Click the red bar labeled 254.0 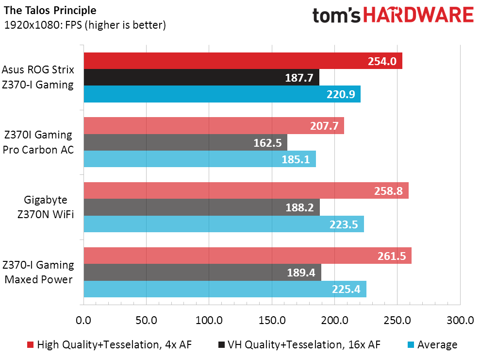(243, 61)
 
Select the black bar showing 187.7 (201, 77)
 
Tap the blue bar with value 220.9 (222, 94)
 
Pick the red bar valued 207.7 (214, 126)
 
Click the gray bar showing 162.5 (185, 142)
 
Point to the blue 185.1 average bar (200, 159)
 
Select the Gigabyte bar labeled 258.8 (246, 190)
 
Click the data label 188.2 (299, 207)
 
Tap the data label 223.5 (344, 224)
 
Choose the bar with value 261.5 (248, 256)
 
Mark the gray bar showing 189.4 (203, 272)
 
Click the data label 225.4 (346, 289)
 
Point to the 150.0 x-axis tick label (272, 320)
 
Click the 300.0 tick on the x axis (460, 320)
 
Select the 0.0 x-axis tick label (83, 320)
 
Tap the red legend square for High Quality (30, 344)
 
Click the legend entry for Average (432, 344)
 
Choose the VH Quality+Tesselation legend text (304, 344)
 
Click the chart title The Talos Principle (50, 10)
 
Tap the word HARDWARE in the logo (418, 15)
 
